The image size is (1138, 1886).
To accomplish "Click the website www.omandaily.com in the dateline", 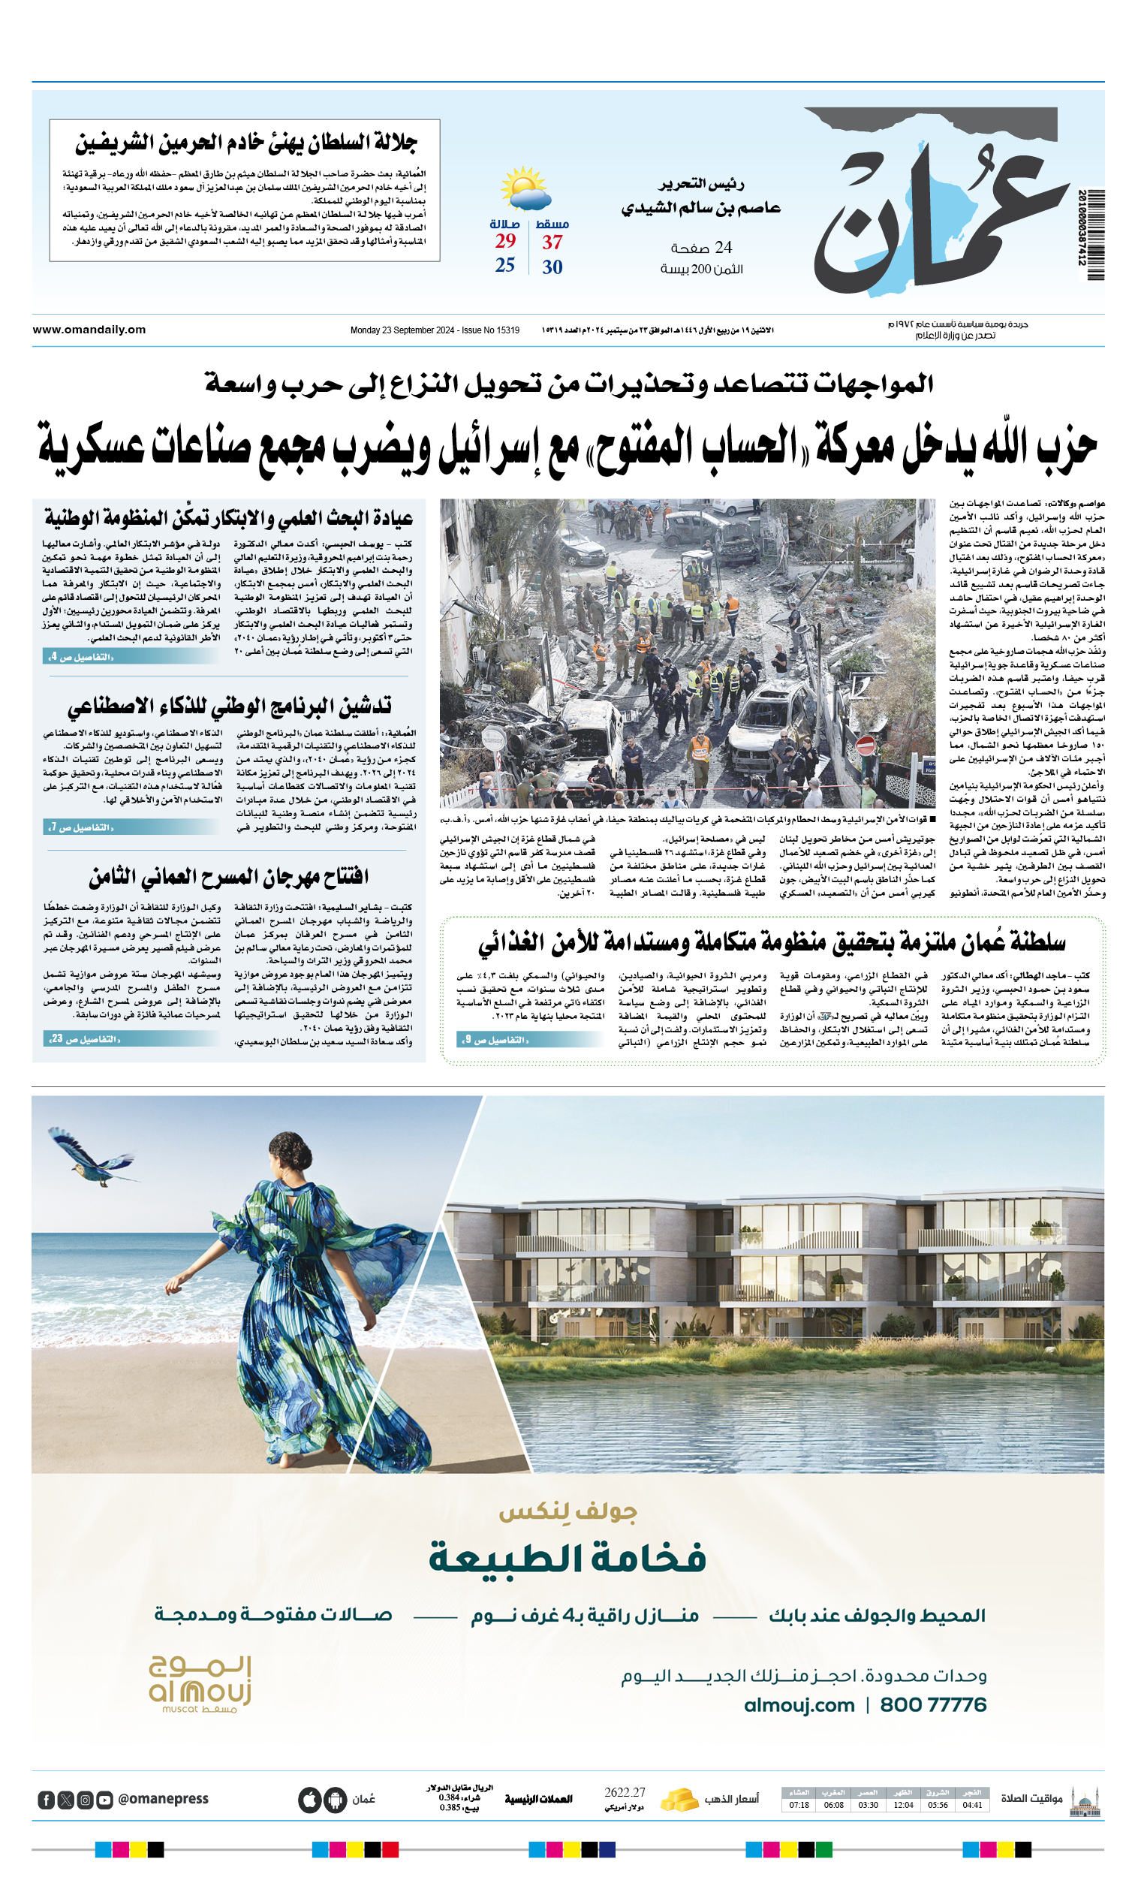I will (89, 330).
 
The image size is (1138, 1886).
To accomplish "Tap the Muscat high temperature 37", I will (552, 243).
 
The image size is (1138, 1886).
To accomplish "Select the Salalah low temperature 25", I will (504, 265).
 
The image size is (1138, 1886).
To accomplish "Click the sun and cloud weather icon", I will (524, 189).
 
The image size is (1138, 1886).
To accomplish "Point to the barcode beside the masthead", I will (1094, 236).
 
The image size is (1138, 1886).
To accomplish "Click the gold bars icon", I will (678, 1799).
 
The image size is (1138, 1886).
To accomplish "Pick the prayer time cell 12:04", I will (903, 1805).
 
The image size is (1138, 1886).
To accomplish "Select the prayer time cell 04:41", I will (972, 1805).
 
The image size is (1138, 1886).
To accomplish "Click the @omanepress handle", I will (163, 1799).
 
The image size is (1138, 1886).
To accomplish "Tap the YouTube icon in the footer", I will (105, 1800).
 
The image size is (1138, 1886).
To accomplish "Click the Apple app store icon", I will (309, 1800).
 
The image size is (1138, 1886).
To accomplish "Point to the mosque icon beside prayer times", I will (1085, 1801).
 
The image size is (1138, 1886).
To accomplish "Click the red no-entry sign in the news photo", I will (865, 744).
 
